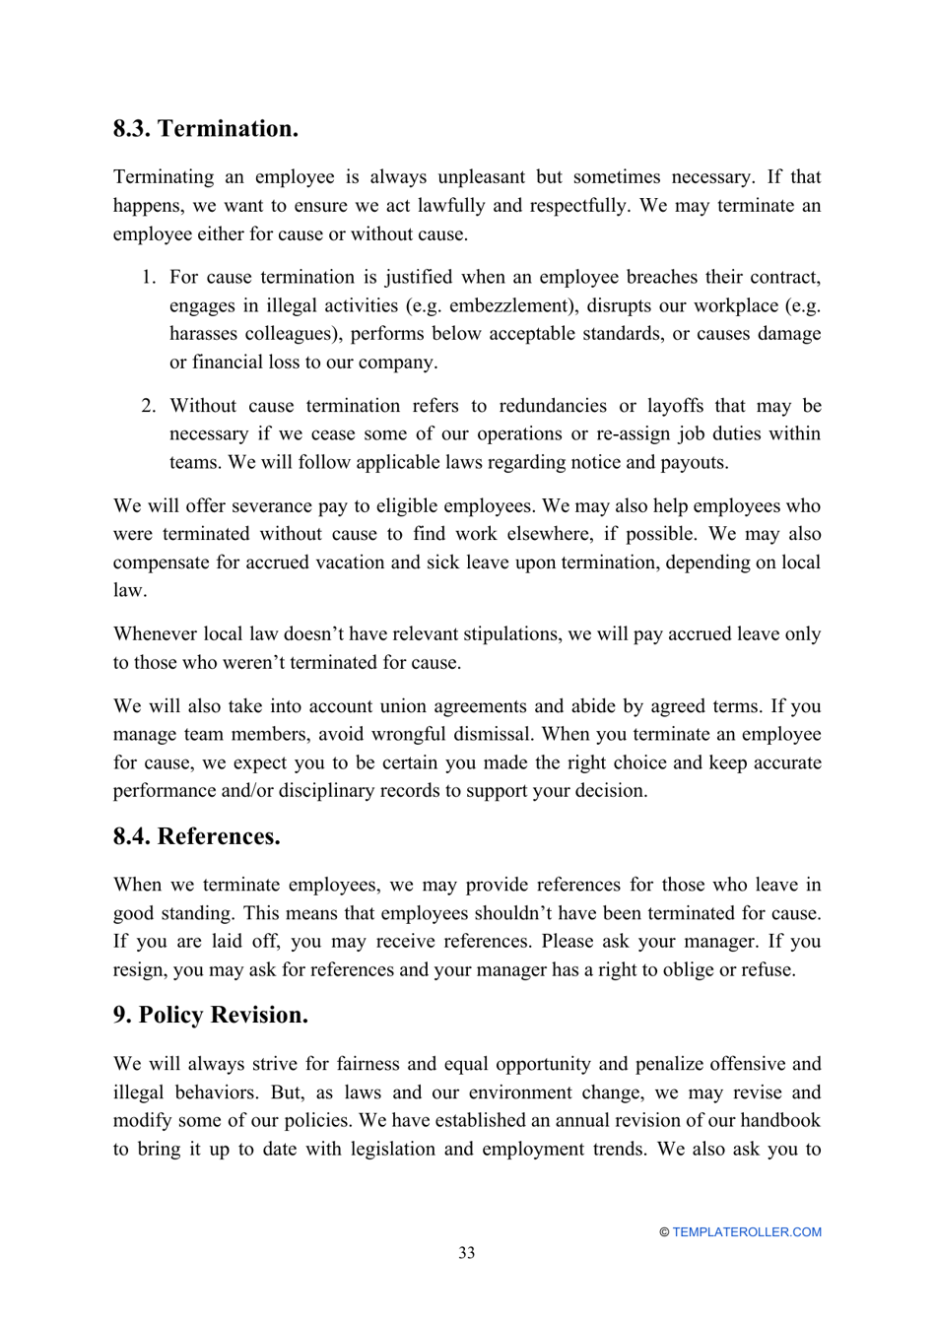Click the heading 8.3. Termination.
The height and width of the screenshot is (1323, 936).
click(205, 129)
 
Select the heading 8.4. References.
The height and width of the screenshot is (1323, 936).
click(196, 836)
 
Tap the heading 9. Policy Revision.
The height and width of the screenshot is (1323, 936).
click(210, 1015)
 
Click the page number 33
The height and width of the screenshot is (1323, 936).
click(466, 1252)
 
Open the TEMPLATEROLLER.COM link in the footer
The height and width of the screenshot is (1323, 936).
click(746, 1231)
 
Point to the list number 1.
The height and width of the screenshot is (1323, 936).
click(148, 277)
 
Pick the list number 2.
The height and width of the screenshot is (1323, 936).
click(148, 406)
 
